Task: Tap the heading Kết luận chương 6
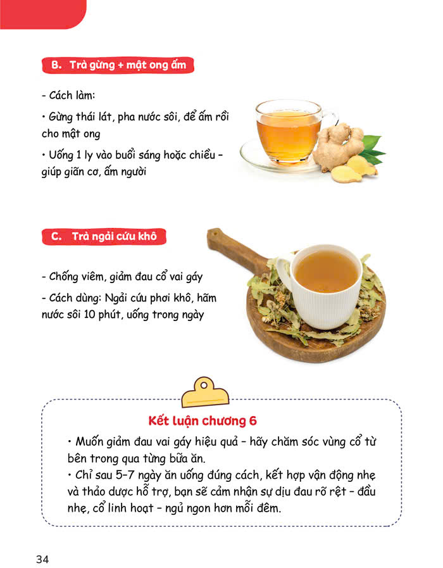coord(202,420)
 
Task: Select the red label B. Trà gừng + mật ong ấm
coord(117,65)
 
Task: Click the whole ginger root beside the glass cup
coord(340,146)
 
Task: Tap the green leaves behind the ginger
coord(373,147)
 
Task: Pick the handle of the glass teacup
coord(330,120)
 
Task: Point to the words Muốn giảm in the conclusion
coord(106,441)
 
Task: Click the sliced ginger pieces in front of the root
coord(354,169)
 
